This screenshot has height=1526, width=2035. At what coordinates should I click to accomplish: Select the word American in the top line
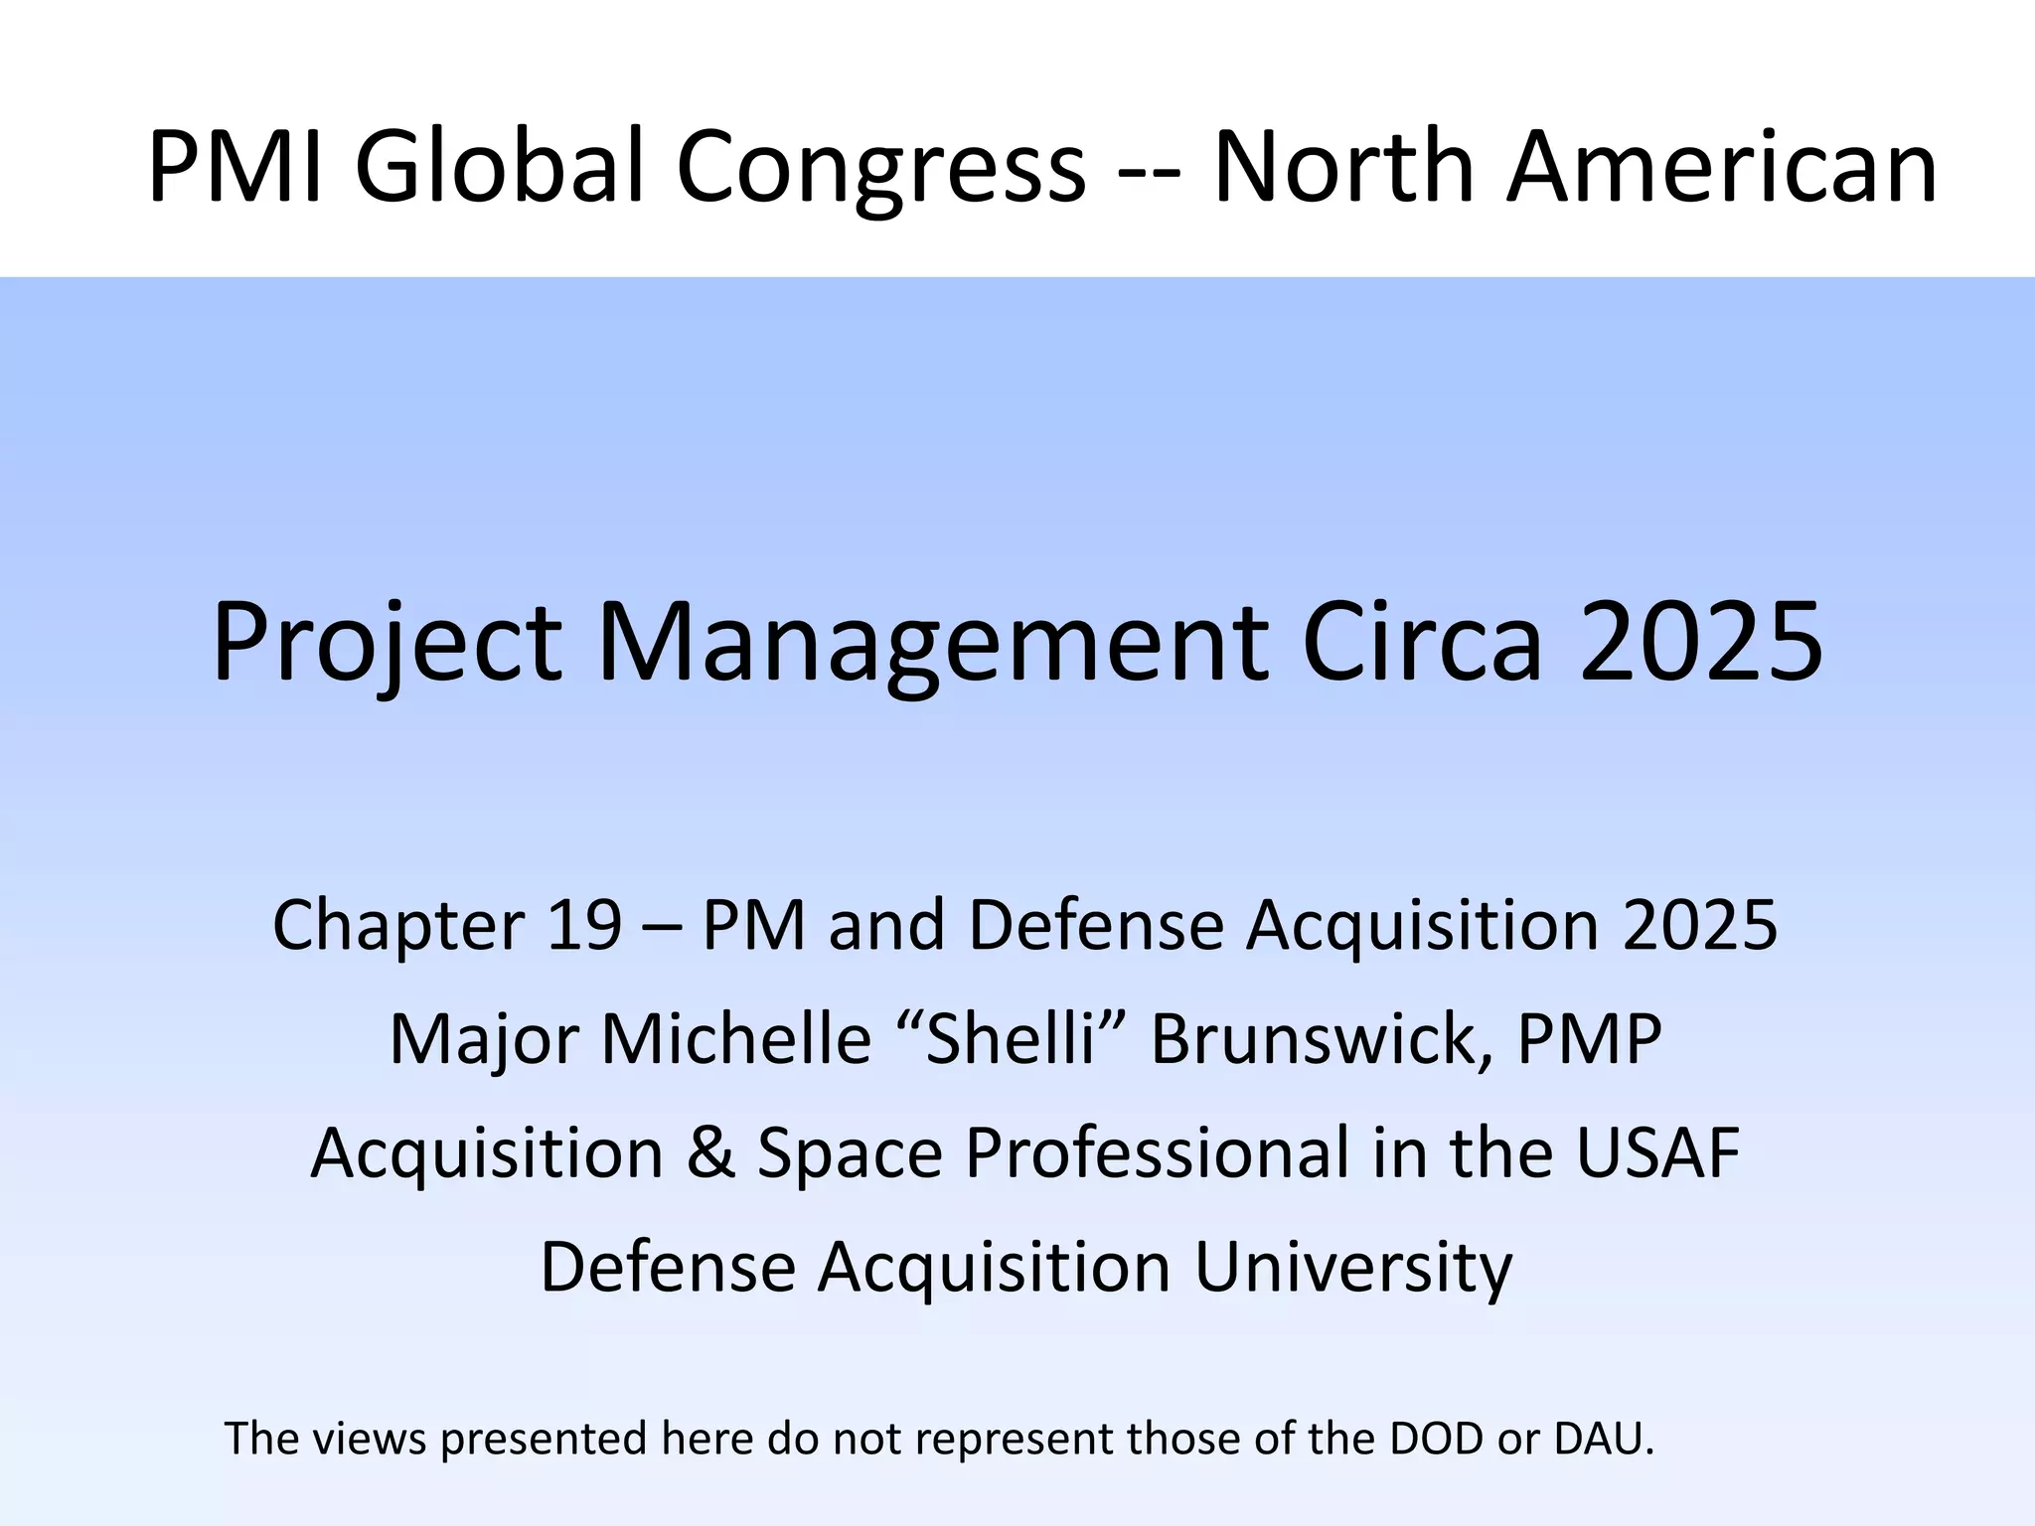[1722, 167]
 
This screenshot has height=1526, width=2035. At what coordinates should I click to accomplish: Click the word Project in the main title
[388, 644]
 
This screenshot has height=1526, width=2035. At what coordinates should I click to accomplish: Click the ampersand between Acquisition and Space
[710, 1153]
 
